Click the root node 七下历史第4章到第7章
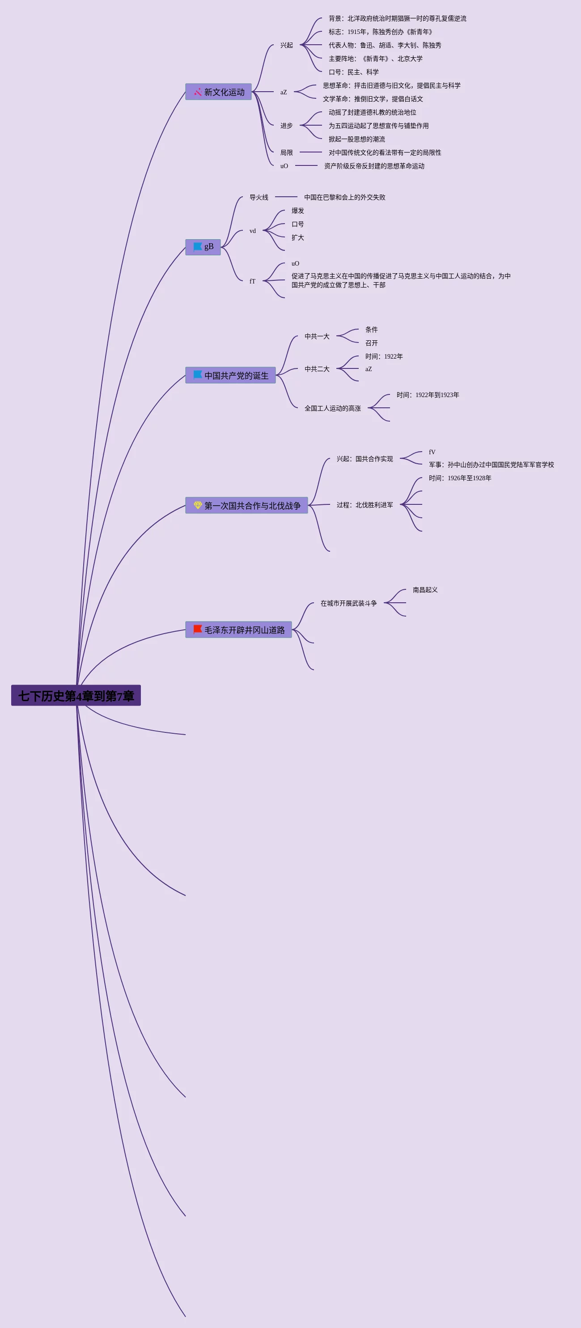[x=76, y=695]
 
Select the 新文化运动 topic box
[x=219, y=92]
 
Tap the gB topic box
[x=203, y=247]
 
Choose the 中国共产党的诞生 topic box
[x=230, y=375]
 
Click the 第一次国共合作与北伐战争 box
[x=246, y=505]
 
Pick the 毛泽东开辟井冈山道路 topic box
[x=239, y=630]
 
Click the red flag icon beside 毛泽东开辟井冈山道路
[x=197, y=629]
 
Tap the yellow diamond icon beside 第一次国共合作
[x=197, y=505]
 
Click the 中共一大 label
[x=317, y=336]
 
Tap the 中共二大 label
[x=317, y=368]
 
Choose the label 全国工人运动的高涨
[x=332, y=408]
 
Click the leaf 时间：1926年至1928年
[x=460, y=478]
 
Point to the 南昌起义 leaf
[x=425, y=590]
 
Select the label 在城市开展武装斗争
[x=348, y=603]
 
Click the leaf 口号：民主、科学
[x=354, y=72]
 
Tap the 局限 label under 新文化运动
[x=286, y=152]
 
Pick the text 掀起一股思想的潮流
[x=357, y=139]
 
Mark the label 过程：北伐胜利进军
[x=365, y=505]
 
